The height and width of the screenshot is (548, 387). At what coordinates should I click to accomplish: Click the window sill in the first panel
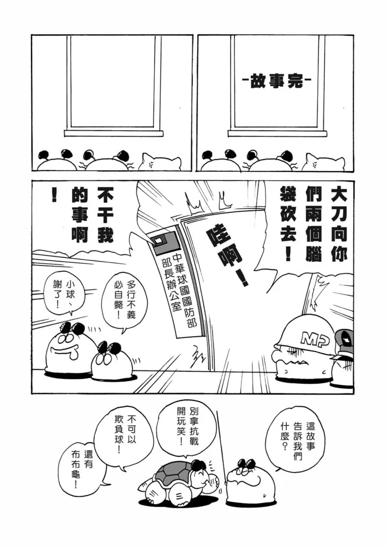click(113, 133)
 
